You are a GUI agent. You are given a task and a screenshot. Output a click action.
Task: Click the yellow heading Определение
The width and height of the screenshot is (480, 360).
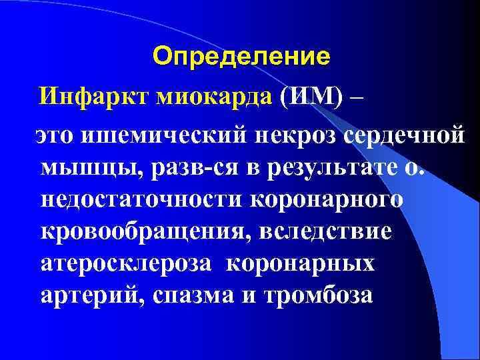[x=241, y=57]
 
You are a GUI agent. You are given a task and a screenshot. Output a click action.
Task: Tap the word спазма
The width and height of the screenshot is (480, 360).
[x=191, y=295]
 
